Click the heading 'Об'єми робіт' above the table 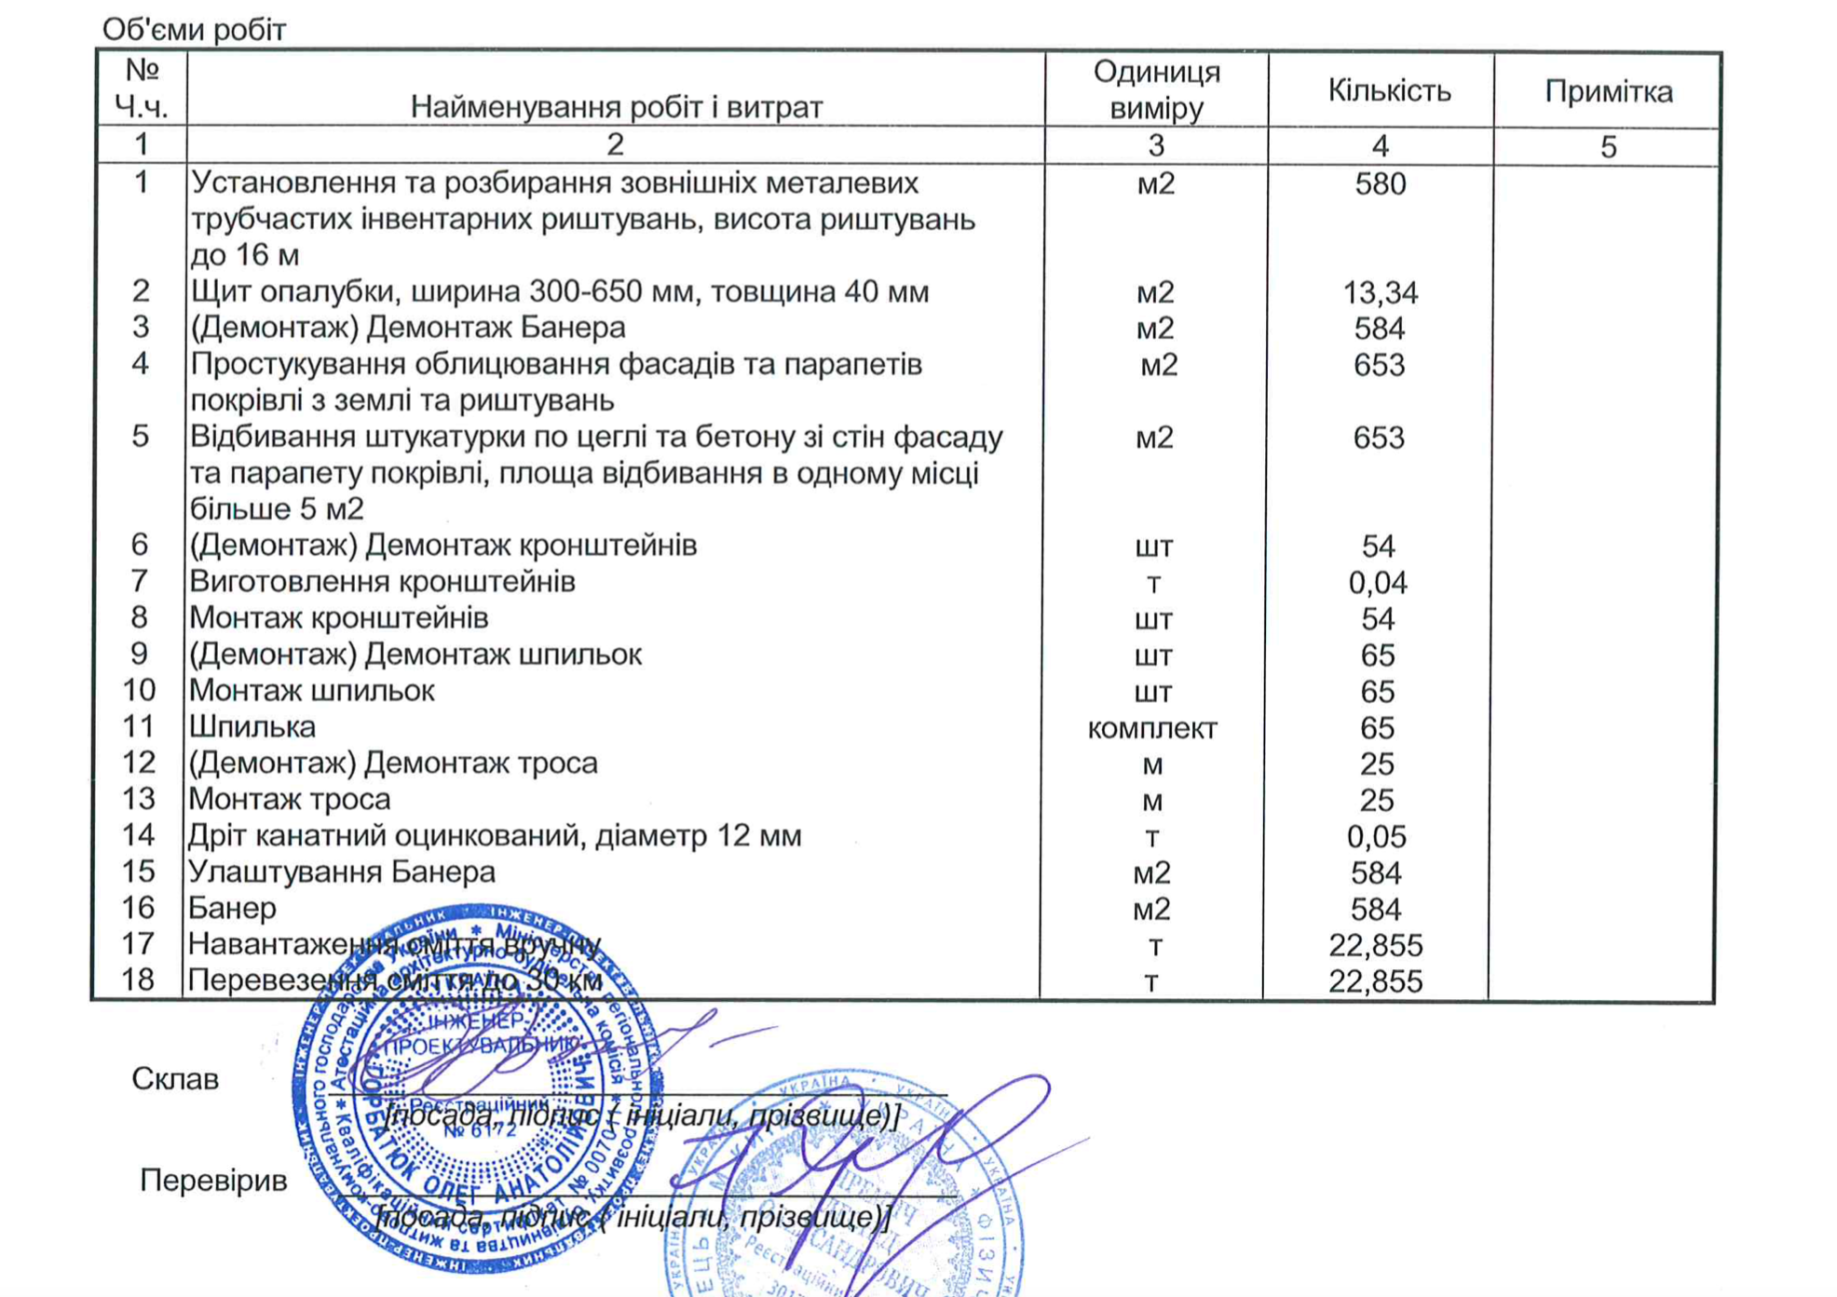194,30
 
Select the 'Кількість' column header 1389,90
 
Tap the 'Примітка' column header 1608,91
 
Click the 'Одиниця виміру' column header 1156,89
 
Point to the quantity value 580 1380,183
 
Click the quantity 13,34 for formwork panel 1380,292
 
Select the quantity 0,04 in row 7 1378,583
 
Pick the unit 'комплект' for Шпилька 1152,728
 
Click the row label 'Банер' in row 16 232,908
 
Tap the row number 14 139,835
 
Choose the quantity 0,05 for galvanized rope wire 1376,836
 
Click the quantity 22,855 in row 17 1375,945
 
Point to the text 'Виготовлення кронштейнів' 382,582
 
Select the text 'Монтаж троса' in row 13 289,799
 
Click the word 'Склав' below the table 175,1078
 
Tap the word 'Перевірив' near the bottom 213,1180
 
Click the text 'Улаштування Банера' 341,871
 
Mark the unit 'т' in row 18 1152,981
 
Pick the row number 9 139,655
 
